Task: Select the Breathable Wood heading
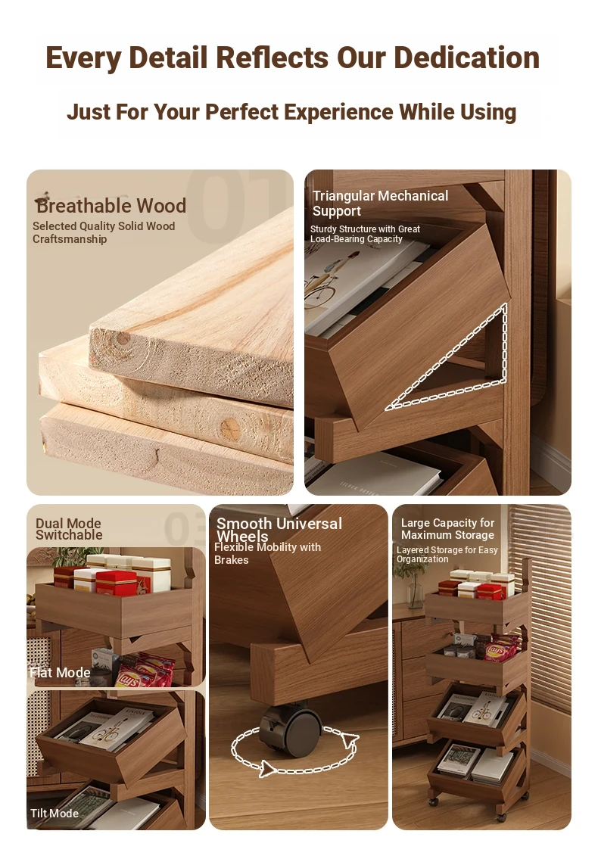tap(111, 206)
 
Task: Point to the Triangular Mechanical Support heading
tap(380, 204)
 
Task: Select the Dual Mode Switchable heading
tap(69, 529)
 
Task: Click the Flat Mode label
tap(60, 672)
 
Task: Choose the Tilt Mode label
tap(55, 813)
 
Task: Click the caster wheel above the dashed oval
tap(290, 731)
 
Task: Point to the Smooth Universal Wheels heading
tap(279, 530)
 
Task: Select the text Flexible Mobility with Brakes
tap(268, 553)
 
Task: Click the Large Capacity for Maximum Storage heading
tap(447, 529)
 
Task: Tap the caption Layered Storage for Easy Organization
tap(447, 554)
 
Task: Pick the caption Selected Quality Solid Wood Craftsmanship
tap(104, 232)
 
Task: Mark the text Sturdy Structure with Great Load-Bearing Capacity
tap(365, 234)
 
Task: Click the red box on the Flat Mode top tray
tap(116, 583)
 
